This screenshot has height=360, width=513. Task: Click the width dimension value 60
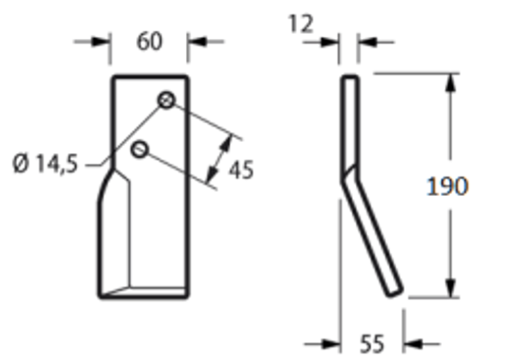150,41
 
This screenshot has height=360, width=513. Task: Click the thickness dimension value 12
301,25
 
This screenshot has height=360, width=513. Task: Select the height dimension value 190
447,186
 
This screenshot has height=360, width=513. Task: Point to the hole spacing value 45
240,169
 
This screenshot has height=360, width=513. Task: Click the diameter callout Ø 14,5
45,164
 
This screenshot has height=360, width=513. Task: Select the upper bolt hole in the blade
167,100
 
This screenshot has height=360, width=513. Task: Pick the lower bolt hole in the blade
141,149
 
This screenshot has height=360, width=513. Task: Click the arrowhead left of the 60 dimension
103,42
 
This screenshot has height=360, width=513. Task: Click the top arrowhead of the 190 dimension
449,82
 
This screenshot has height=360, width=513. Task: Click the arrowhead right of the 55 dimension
412,343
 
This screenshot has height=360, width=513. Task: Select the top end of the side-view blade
349,79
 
